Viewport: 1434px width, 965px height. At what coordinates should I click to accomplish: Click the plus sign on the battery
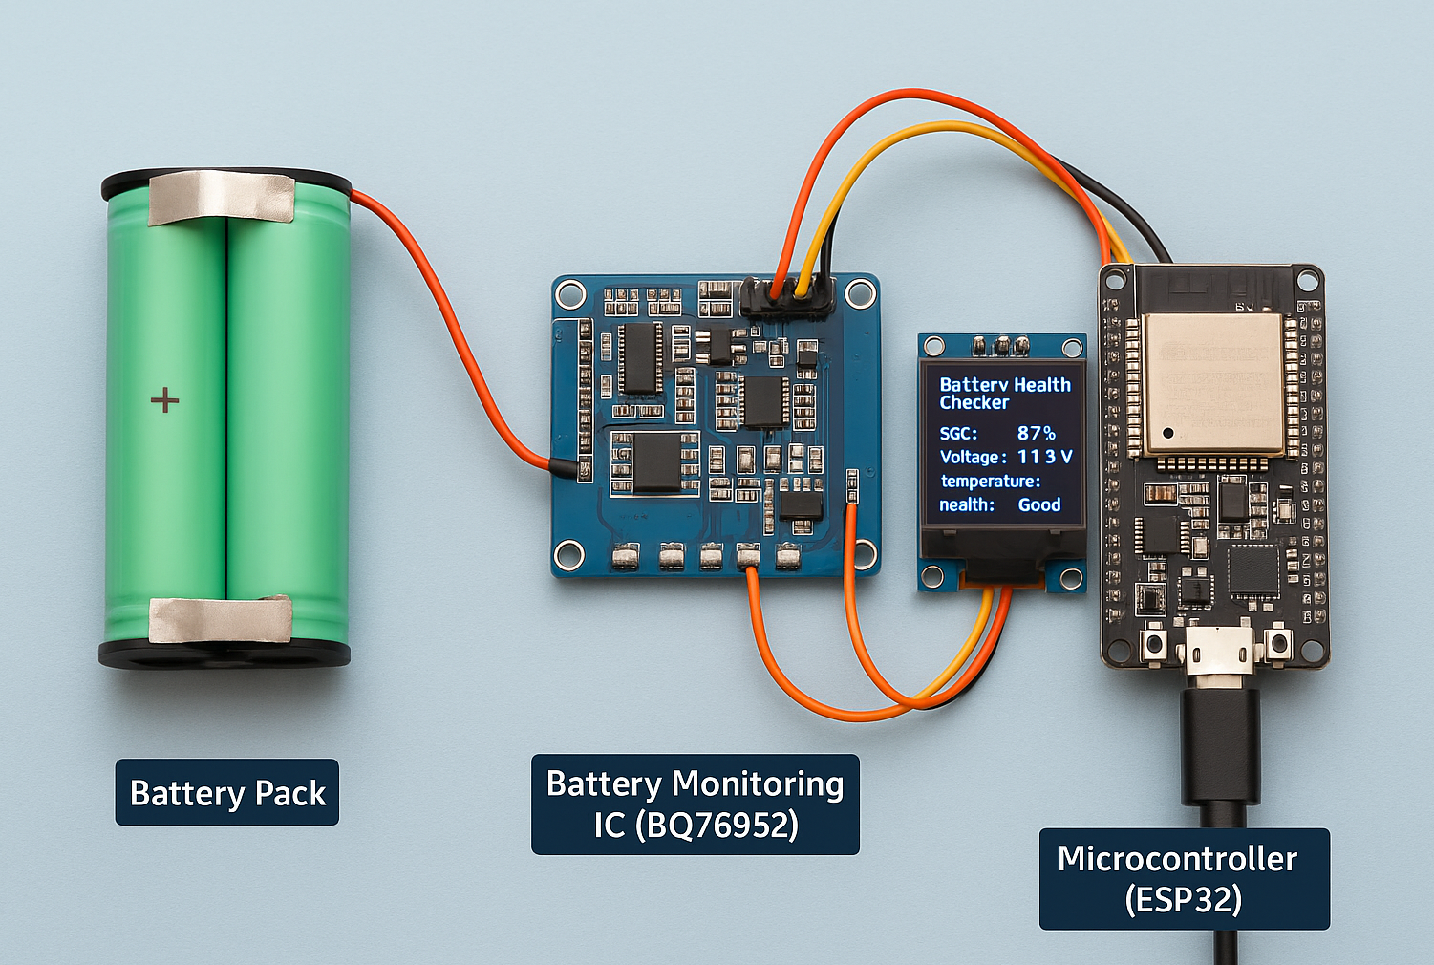pyautogui.click(x=165, y=399)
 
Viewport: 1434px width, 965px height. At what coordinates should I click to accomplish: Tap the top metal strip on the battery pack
pyautogui.click(x=221, y=197)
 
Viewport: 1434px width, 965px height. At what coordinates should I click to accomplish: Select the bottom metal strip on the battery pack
pyautogui.click(x=221, y=619)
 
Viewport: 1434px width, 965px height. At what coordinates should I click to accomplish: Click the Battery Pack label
pyautogui.click(x=227, y=793)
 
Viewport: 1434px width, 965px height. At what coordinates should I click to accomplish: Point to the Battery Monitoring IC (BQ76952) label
pyautogui.click(x=696, y=804)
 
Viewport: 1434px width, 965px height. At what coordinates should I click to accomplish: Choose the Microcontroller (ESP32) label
pyautogui.click(x=1184, y=879)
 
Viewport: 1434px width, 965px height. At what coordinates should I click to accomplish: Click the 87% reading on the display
pyautogui.click(x=1036, y=434)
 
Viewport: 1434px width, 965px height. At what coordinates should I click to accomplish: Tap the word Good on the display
pyautogui.click(x=1039, y=504)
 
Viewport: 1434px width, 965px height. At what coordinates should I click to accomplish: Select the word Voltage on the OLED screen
pyautogui.click(x=971, y=458)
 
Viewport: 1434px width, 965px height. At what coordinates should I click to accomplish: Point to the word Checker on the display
pyautogui.click(x=974, y=403)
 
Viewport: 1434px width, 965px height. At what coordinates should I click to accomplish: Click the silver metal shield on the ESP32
pyautogui.click(x=1212, y=382)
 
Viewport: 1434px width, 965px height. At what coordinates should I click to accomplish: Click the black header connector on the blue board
pyautogui.click(x=786, y=298)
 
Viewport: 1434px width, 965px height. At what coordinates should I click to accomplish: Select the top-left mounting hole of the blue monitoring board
pyautogui.click(x=571, y=292)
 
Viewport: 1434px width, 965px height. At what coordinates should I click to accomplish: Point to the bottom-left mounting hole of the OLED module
pyautogui.click(x=931, y=576)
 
